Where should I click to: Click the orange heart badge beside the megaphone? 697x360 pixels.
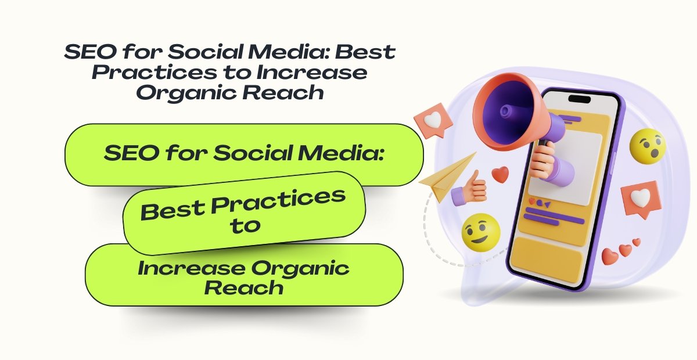pos(433,119)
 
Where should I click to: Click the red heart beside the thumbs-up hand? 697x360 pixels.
pos(500,174)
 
